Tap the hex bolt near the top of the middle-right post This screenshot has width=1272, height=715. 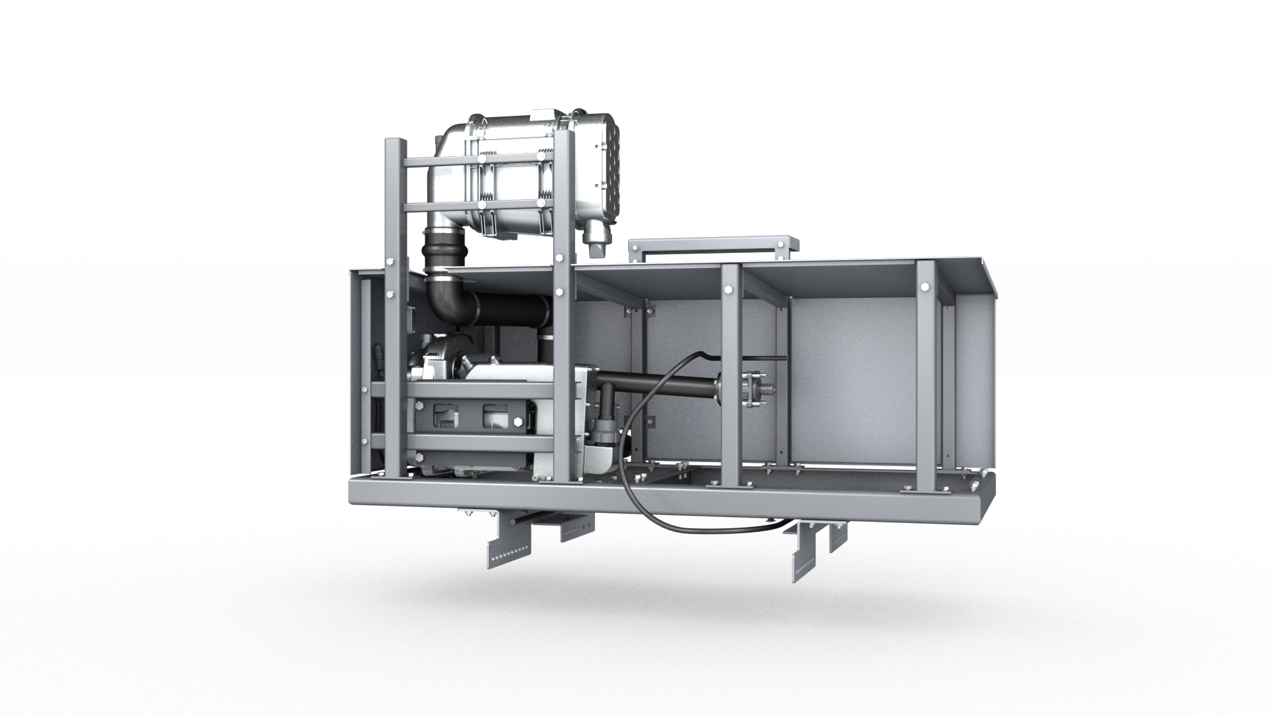pos(730,289)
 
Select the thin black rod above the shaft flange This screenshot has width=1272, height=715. pos(762,359)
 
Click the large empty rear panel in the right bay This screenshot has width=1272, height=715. pos(855,371)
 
